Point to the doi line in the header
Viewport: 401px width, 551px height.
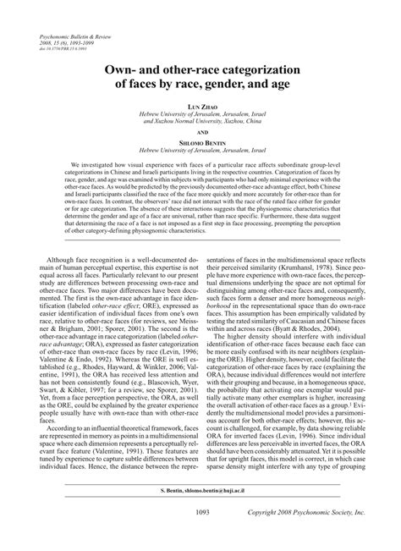pyautogui.click(x=59, y=51)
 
